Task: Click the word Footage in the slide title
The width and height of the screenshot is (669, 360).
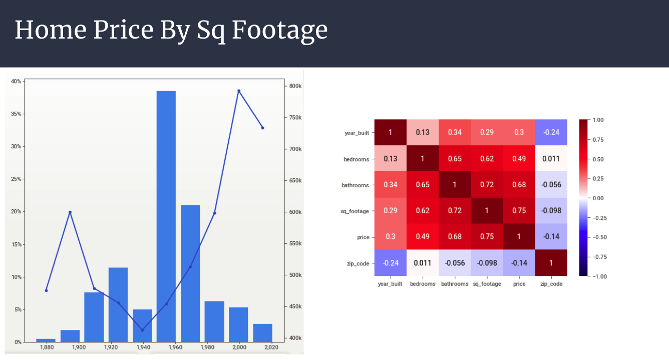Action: pyautogui.click(x=279, y=30)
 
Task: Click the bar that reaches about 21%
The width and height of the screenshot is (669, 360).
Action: pyautogui.click(x=190, y=273)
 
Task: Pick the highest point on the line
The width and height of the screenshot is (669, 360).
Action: pyautogui.click(x=239, y=91)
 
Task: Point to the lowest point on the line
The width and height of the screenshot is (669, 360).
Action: pyautogui.click(x=142, y=330)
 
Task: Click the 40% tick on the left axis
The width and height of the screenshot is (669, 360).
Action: pyautogui.click(x=16, y=82)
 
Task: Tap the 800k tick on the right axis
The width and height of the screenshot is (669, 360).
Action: pyautogui.click(x=296, y=86)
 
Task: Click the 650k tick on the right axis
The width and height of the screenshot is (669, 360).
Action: pyautogui.click(x=296, y=181)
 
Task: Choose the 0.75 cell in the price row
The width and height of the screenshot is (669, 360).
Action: pyautogui.click(x=487, y=237)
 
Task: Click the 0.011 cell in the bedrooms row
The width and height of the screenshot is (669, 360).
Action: pyautogui.click(x=551, y=159)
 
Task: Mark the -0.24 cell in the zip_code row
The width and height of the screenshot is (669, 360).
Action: pyautogui.click(x=391, y=263)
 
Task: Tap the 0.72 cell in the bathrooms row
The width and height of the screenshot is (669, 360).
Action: pyautogui.click(x=487, y=185)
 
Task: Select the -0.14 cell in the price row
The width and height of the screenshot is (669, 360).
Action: pyautogui.click(x=551, y=237)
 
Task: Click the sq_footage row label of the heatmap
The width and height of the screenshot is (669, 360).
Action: pyautogui.click(x=355, y=211)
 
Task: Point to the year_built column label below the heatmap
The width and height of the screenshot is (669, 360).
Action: pyautogui.click(x=390, y=284)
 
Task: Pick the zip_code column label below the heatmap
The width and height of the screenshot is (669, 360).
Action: pyautogui.click(x=551, y=284)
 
